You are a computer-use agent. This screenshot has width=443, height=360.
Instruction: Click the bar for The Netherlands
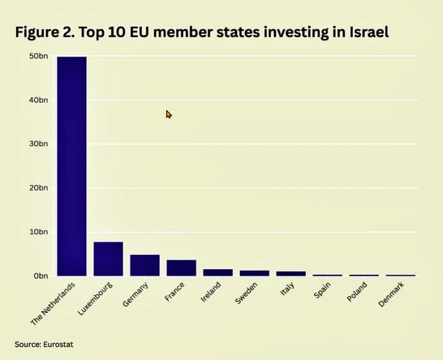pyautogui.click(x=72, y=165)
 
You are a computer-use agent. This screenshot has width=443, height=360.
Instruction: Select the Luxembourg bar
pyautogui.click(x=108, y=259)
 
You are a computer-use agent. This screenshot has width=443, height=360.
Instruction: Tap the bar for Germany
pyautogui.click(x=145, y=265)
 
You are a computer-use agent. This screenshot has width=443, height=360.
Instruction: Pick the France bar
pyautogui.click(x=181, y=268)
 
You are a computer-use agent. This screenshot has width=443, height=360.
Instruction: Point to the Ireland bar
pyautogui.click(x=218, y=272)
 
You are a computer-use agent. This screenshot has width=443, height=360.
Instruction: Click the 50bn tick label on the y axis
pyautogui.click(x=39, y=56)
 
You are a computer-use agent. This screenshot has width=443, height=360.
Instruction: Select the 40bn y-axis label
pyautogui.click(x=39, y=100)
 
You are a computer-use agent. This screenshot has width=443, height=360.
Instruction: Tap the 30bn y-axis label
pyautogui.click(x=39, y=144)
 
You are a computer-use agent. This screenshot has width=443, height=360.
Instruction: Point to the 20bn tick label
pyautogui.click(x=39, y=188)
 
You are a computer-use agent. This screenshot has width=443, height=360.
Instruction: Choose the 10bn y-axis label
pyautogui.click(x=39, y=232)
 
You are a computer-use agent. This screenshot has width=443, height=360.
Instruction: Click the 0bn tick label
pyautogui.click(x=41, y=275)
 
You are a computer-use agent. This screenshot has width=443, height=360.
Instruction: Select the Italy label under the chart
pyautogui.click(x=285, y=290)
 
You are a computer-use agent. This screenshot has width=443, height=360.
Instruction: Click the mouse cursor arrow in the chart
pyautogui.click(x=168, y=114)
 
